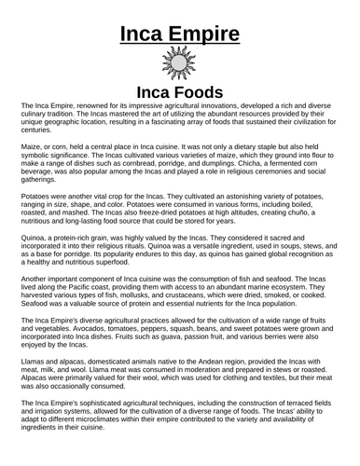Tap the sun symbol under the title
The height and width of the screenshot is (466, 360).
tap(181, 62)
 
